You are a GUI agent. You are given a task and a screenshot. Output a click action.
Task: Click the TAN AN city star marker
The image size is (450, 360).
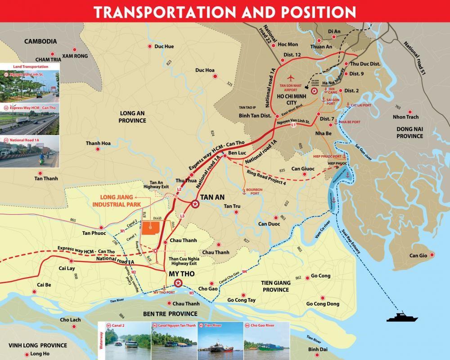(195, 204)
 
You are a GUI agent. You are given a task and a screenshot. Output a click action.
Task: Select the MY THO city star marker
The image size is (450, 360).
(178, 283)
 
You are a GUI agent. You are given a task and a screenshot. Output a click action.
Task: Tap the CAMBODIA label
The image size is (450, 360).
(40, 41)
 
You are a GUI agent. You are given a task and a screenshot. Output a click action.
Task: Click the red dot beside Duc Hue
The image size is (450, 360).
(150, 46)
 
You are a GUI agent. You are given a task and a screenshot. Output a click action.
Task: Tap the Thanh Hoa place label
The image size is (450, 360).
(98, 144)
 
